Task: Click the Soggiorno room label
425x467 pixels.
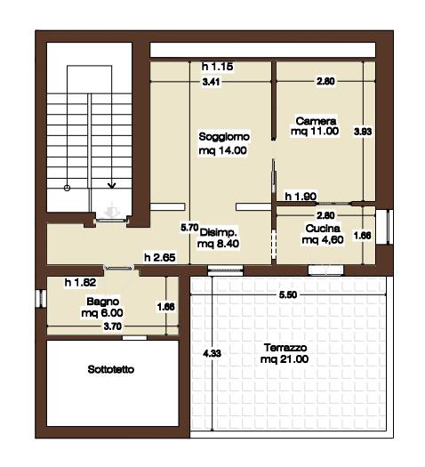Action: pyautogui.click(x=224, y=137)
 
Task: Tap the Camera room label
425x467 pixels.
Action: pyautogui.click(x=316, y=121)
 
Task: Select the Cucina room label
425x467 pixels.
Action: pyautogui.click(x=323, y=229)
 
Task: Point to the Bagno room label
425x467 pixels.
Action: pyautogui.click(x=102, y=302)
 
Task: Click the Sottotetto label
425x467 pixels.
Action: pyautogui.click(x=111, y=370)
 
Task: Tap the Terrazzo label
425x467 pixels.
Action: pyautogui.click(x=285, y=348)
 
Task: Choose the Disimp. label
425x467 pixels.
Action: pyautogui.click(x=219, y=232)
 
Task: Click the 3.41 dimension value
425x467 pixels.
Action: pyautogui.click(x=211, y=82)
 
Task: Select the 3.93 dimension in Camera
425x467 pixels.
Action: pyautogui.click(x=363, y=132)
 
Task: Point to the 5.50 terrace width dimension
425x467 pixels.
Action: pyautogui.click(x=288, y=294)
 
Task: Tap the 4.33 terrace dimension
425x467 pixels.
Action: pyautogui.click(x=212, y=353)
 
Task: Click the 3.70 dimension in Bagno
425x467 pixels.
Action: pyautogui.click(x=113, y=326)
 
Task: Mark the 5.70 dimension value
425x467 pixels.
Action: pyautogui.click(x=189, y=228)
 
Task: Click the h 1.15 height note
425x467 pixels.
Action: pyautogui.click(x=217, y=67)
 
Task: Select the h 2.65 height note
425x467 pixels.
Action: pyautogui.click(x=160, y=257)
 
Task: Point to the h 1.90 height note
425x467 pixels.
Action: pyautogui.click(x=301, y=197)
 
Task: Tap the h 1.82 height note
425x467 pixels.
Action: pyautogui.click(x=80, y=282)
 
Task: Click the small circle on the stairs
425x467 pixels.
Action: pyautogui.click(x=68, y=188)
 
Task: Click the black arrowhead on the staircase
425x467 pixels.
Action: pyautogui.click(x=112, y=186)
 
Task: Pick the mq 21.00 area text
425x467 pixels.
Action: pyautogui.click(x=285, y=359)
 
